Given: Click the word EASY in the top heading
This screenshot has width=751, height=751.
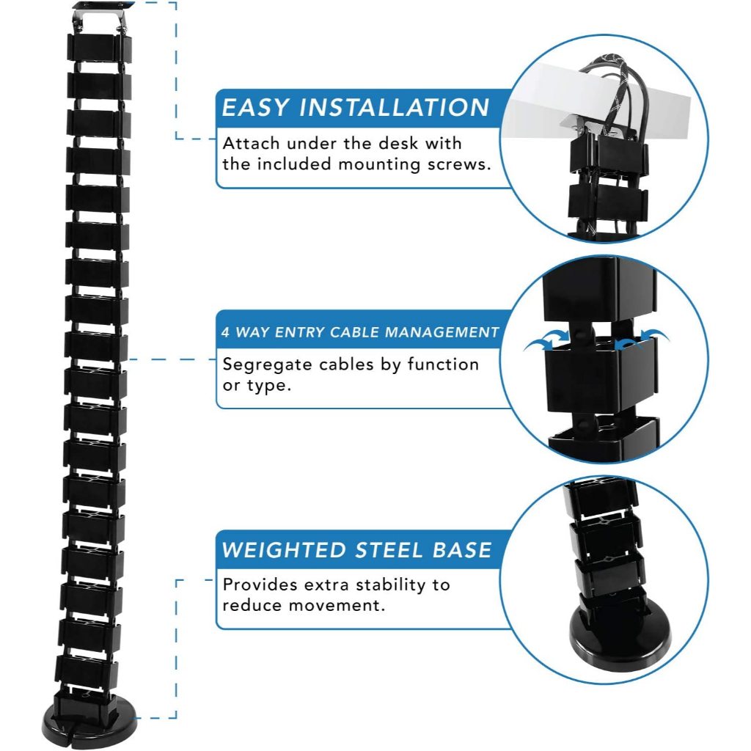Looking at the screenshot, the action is pyautogui.click(x=256, y=107).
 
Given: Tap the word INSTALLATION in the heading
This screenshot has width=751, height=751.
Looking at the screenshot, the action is pyautogui.click(x=394, y=107).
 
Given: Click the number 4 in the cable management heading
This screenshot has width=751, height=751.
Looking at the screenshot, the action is pyautogui.click(x=226, y=332).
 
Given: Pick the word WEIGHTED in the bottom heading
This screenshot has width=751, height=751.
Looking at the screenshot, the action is pyautogui.click(x=285, y=550).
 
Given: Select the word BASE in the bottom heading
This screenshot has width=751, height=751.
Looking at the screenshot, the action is pyautogui.click(x=462, y=550).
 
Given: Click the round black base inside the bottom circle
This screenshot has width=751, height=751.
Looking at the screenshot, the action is pyautogui.click(x=620, y=631).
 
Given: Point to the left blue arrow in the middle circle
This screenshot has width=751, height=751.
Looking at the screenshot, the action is pyautogui.click(x=546, y=340).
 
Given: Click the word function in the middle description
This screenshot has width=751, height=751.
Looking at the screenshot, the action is pyautogui.click(x=443, y=364).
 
